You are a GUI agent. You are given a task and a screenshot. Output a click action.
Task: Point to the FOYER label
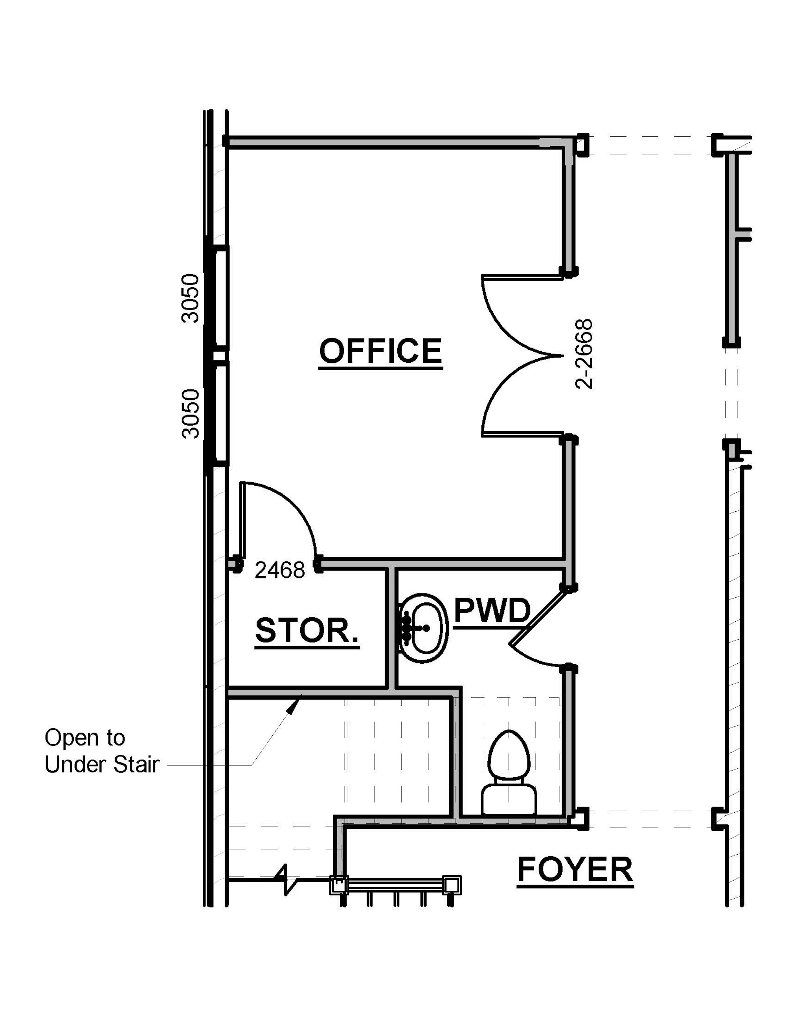(x=575, y=869)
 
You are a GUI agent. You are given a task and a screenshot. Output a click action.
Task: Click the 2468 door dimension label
(x=279, y=570)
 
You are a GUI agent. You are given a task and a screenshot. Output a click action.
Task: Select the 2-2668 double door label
(x=584, y=354)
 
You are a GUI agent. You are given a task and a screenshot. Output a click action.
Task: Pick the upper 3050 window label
(x=191, y=299)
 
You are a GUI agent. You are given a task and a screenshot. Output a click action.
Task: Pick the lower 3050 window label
(x=191, y=414)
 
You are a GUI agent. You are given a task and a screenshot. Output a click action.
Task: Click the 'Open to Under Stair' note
(x=102, y=751)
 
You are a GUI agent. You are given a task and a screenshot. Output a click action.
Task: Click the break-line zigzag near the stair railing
(x=285, y=879)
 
